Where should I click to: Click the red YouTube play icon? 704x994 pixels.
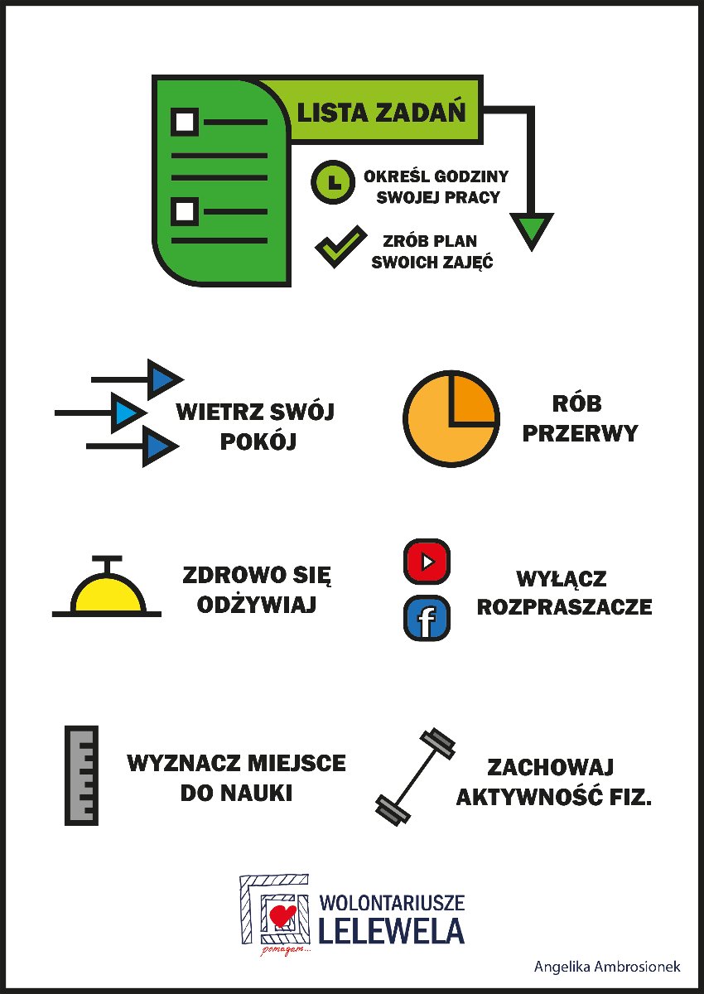[427, 562]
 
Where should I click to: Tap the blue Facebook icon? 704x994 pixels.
[427, 618]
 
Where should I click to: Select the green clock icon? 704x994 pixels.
[333, 182]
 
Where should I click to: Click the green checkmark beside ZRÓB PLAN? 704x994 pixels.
[340, 247]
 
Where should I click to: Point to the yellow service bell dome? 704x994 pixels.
[108, 593]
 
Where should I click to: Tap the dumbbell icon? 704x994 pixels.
[415, 776]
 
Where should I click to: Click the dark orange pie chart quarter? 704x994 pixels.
[473, 398]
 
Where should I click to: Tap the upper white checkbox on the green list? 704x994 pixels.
[185, 122]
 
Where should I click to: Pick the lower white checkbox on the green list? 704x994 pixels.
[185, 212]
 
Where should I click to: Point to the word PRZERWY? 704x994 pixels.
[580, 432]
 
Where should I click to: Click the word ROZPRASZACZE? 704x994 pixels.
[564, 607]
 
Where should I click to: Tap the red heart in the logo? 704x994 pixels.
[282, 915]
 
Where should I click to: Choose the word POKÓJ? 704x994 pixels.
[258, 441]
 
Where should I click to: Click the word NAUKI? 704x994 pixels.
[259, 793]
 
